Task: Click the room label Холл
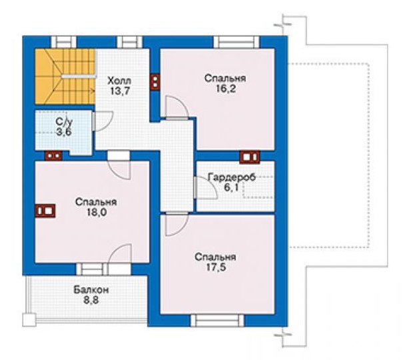coord(119,81)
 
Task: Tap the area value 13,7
coord(119,91)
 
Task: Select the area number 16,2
coord(225,89)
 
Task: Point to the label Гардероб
coord(232,177)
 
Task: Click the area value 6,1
coord(231,187)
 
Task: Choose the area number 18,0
coord(97,213)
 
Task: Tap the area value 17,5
coord(216,267)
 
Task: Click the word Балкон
coord(91,290)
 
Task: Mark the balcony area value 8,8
coord(91,300)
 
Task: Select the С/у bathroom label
coord(64,122)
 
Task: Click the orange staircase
coord(65,77)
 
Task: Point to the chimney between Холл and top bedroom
coord(155,82)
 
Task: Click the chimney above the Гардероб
coord(249,157)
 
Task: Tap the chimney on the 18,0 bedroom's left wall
coord(45,211)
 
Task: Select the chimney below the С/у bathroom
coord(53,156)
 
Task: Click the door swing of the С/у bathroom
coord(103,121)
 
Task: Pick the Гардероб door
coord(206,188)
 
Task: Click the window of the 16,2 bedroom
coord(236,42)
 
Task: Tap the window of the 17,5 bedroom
coord(217,321)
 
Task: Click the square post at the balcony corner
coord(29,320)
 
